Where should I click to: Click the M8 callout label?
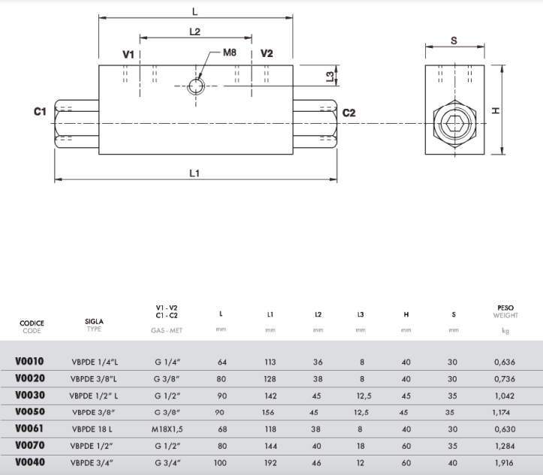[x=229, y=53]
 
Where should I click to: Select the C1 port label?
[x=40, y=111]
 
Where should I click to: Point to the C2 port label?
[x=348, y=113]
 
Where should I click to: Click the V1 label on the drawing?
[x=128, y=54]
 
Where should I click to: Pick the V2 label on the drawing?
[x=267, y=53]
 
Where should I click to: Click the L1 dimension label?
[x=195, y=173]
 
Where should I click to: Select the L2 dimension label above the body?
[x=195, y=32]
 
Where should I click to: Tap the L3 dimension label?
[x=330, y=77]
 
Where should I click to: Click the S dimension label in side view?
[x=454, y=41]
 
